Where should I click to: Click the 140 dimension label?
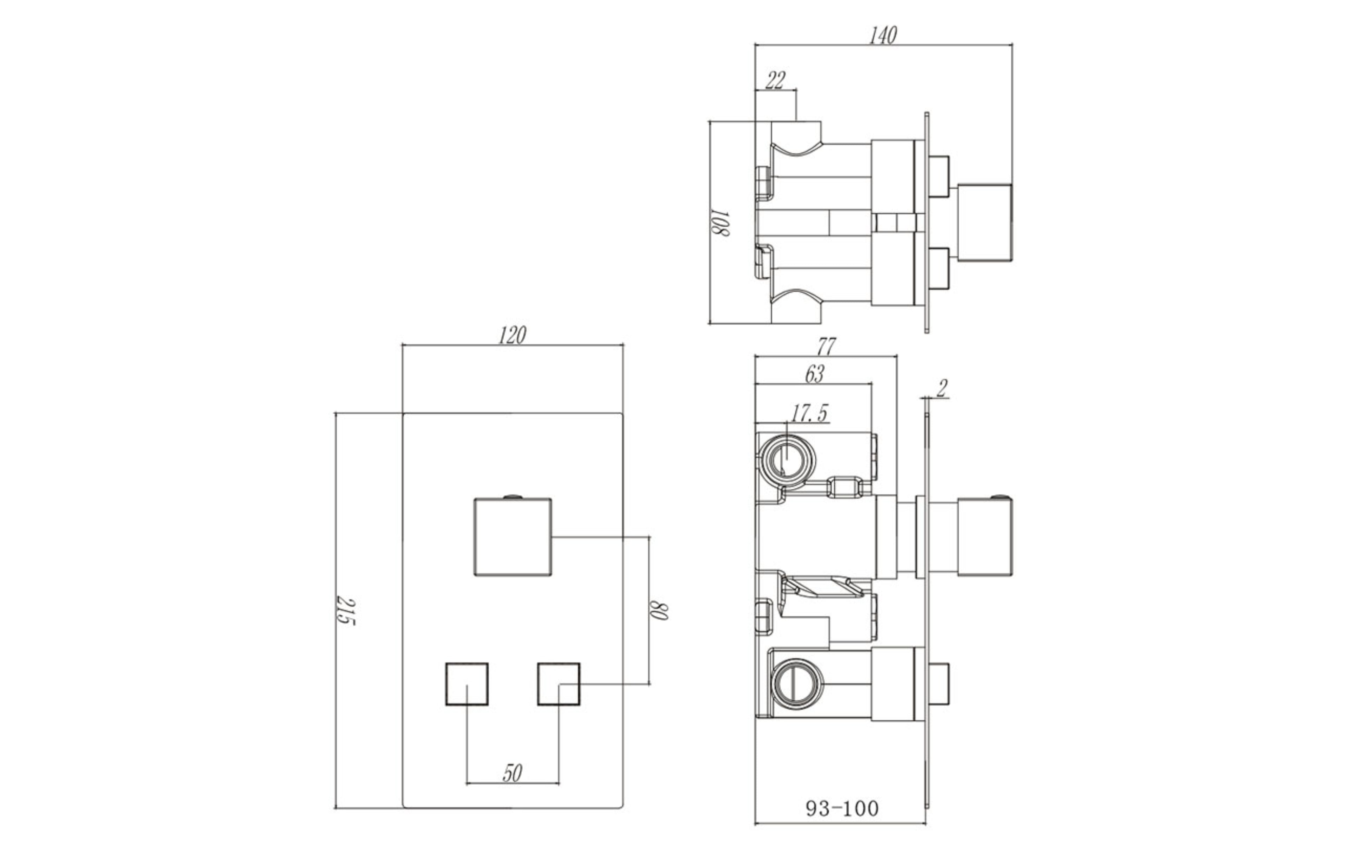click(883, 36)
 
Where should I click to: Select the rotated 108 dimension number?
click(720, 223)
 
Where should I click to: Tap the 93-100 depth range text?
click(842, 808)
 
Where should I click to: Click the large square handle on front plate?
click(513, 537)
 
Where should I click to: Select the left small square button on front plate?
click(467, 684)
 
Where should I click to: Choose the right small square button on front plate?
click(559, 684)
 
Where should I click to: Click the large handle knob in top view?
click(984, 223)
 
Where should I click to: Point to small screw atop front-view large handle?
click(513, 496)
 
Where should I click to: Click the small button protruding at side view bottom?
click(939, 684)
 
